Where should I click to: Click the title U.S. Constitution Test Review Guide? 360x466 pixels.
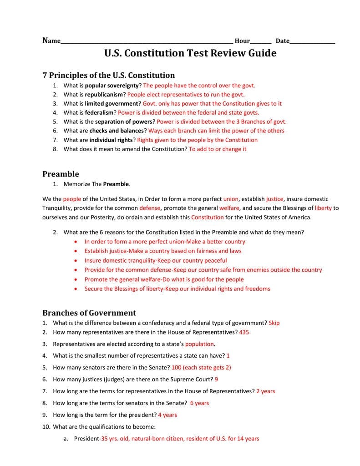coord(190,53)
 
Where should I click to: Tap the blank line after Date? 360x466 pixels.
coord(312,42)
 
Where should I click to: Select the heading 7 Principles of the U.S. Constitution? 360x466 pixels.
coord(108,75)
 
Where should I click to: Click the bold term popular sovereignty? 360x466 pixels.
coord(112,86)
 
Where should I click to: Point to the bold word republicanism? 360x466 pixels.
coord(104,95)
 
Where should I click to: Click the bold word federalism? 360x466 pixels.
coord(99,112)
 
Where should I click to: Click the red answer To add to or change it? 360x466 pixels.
coord(218,149)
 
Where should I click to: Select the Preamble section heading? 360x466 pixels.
coord(61,174)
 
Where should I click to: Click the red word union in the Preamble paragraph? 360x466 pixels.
coord(231,199)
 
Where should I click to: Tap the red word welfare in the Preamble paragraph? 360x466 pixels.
coord(229,208)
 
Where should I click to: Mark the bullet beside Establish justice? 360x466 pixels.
coord(75,251)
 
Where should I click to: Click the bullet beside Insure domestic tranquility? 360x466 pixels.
coord(75,261)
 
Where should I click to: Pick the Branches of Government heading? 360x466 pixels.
coord(89,313)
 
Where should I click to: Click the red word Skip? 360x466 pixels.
coord(274,323)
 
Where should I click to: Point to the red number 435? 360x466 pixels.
coord(244,332)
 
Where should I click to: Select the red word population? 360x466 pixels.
coord(199,344)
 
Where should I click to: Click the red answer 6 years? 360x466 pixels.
coord(199,403)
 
